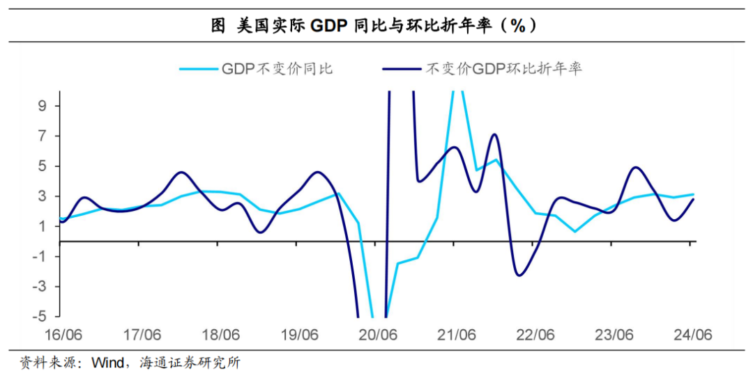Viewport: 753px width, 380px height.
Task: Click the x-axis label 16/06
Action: [63, 335]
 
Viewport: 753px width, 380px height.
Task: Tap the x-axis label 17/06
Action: [142, 335]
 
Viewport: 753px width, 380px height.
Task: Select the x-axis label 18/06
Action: [221, 335]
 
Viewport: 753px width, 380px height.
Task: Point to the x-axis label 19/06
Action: [300, 335]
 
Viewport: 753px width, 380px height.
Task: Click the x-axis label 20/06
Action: [378, 335]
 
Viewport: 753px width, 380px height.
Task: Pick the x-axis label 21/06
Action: [457, 335]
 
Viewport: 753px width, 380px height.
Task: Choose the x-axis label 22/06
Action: [535, 335]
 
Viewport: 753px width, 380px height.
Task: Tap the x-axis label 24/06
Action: [692, 335]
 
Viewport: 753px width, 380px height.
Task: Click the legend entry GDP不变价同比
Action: [277, 68]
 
